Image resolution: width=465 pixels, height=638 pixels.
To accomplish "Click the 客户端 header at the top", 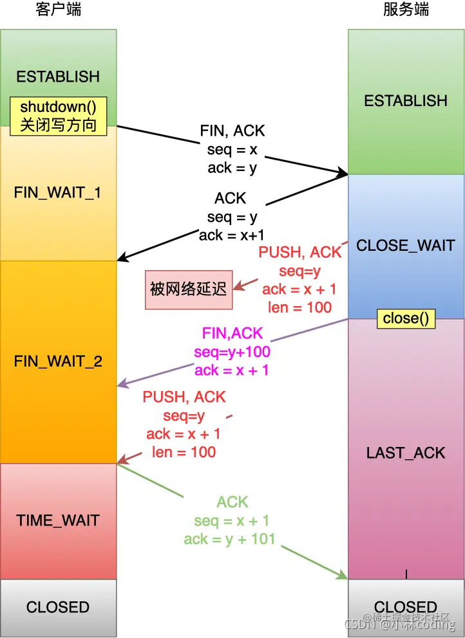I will (59, 10).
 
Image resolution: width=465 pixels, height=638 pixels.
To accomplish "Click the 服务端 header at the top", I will (406, 10).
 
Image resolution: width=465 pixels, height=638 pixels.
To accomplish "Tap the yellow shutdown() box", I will (58, 116).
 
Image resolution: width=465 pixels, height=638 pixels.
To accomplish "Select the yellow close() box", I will (406, 318).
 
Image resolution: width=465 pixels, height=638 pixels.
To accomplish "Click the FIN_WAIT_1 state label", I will (58, 192).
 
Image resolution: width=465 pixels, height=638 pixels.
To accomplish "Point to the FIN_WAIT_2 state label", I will (58, 361).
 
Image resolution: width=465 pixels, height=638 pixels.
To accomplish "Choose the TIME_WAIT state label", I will (58, 520).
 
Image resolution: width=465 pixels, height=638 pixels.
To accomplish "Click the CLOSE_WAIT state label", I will (406, 245).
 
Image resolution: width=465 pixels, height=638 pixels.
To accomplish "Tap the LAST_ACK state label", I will (406, 453).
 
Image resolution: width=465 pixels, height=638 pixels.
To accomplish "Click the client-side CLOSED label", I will (58, 607).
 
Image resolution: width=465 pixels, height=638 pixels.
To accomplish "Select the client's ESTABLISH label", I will (58, 77).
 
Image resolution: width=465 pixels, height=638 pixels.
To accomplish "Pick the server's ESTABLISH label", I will (406, 100).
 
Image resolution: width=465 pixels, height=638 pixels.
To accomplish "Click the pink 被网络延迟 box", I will (188, 289).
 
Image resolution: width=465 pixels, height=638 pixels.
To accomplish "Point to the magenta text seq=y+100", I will (232, 352).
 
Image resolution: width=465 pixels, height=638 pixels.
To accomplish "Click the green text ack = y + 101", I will (229, 539).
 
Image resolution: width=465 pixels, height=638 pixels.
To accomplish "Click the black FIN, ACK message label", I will (232, 131).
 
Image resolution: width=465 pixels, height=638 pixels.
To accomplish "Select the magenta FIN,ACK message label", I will (232, 333).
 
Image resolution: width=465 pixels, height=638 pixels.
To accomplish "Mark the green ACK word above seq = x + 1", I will (232, 502).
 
